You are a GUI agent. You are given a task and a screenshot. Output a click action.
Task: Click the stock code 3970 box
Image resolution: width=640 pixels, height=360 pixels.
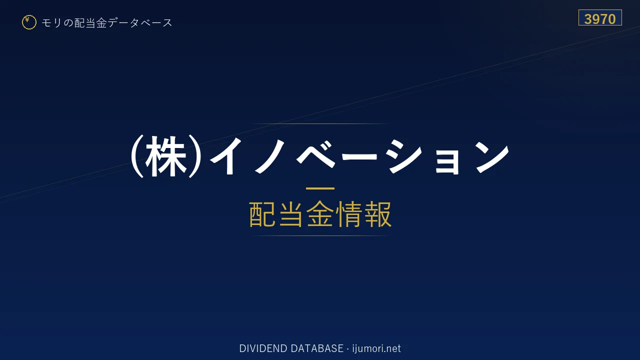coord(600,17)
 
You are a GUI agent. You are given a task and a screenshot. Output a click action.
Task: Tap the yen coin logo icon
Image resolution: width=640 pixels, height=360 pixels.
coord(29,22)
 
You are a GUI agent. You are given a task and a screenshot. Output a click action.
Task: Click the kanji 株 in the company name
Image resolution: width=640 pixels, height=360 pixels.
coord(165,156)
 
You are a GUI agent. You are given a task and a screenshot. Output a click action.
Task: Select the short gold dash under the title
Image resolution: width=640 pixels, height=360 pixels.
coord(320,188)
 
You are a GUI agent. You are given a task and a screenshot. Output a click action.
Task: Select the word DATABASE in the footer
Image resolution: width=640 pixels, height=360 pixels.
coord(317,348)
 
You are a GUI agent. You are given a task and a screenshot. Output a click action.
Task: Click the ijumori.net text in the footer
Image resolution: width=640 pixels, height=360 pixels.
coord(376,348)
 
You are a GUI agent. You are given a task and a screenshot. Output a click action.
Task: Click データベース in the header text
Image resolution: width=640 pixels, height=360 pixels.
coord(140,22)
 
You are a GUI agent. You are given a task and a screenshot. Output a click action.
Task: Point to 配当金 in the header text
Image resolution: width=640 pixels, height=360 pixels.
coord(90,22)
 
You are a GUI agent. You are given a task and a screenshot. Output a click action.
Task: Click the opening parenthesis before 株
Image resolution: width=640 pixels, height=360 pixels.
coord(137,156)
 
